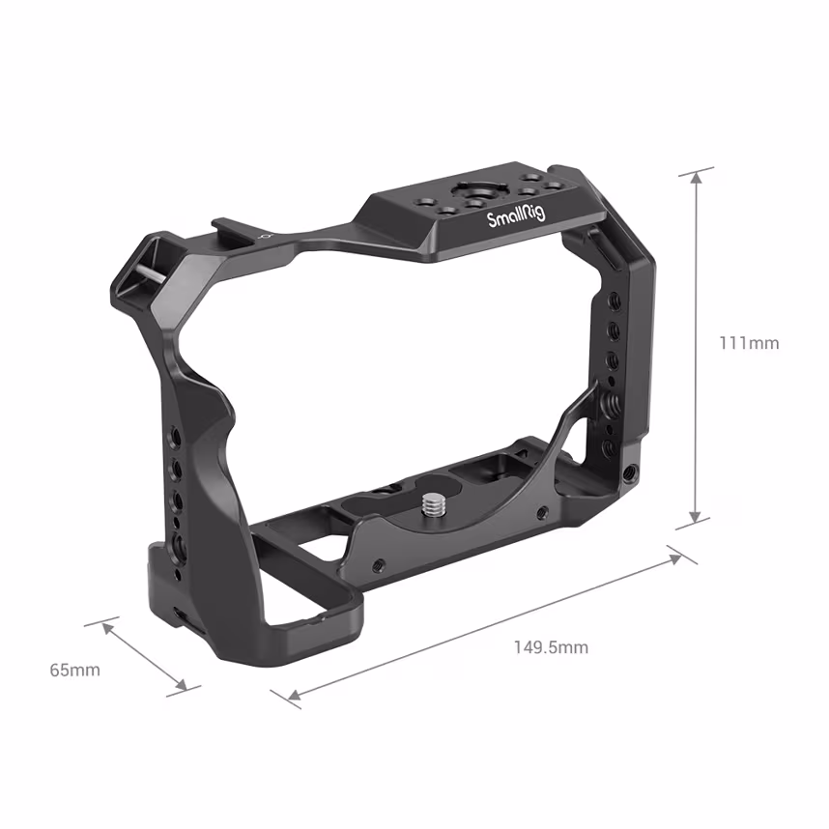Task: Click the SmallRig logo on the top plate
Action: [x=514, y=214]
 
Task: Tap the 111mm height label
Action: [x=748, y=343]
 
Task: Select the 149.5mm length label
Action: [x=551, y=646]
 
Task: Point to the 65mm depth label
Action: [x=75, y=669]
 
